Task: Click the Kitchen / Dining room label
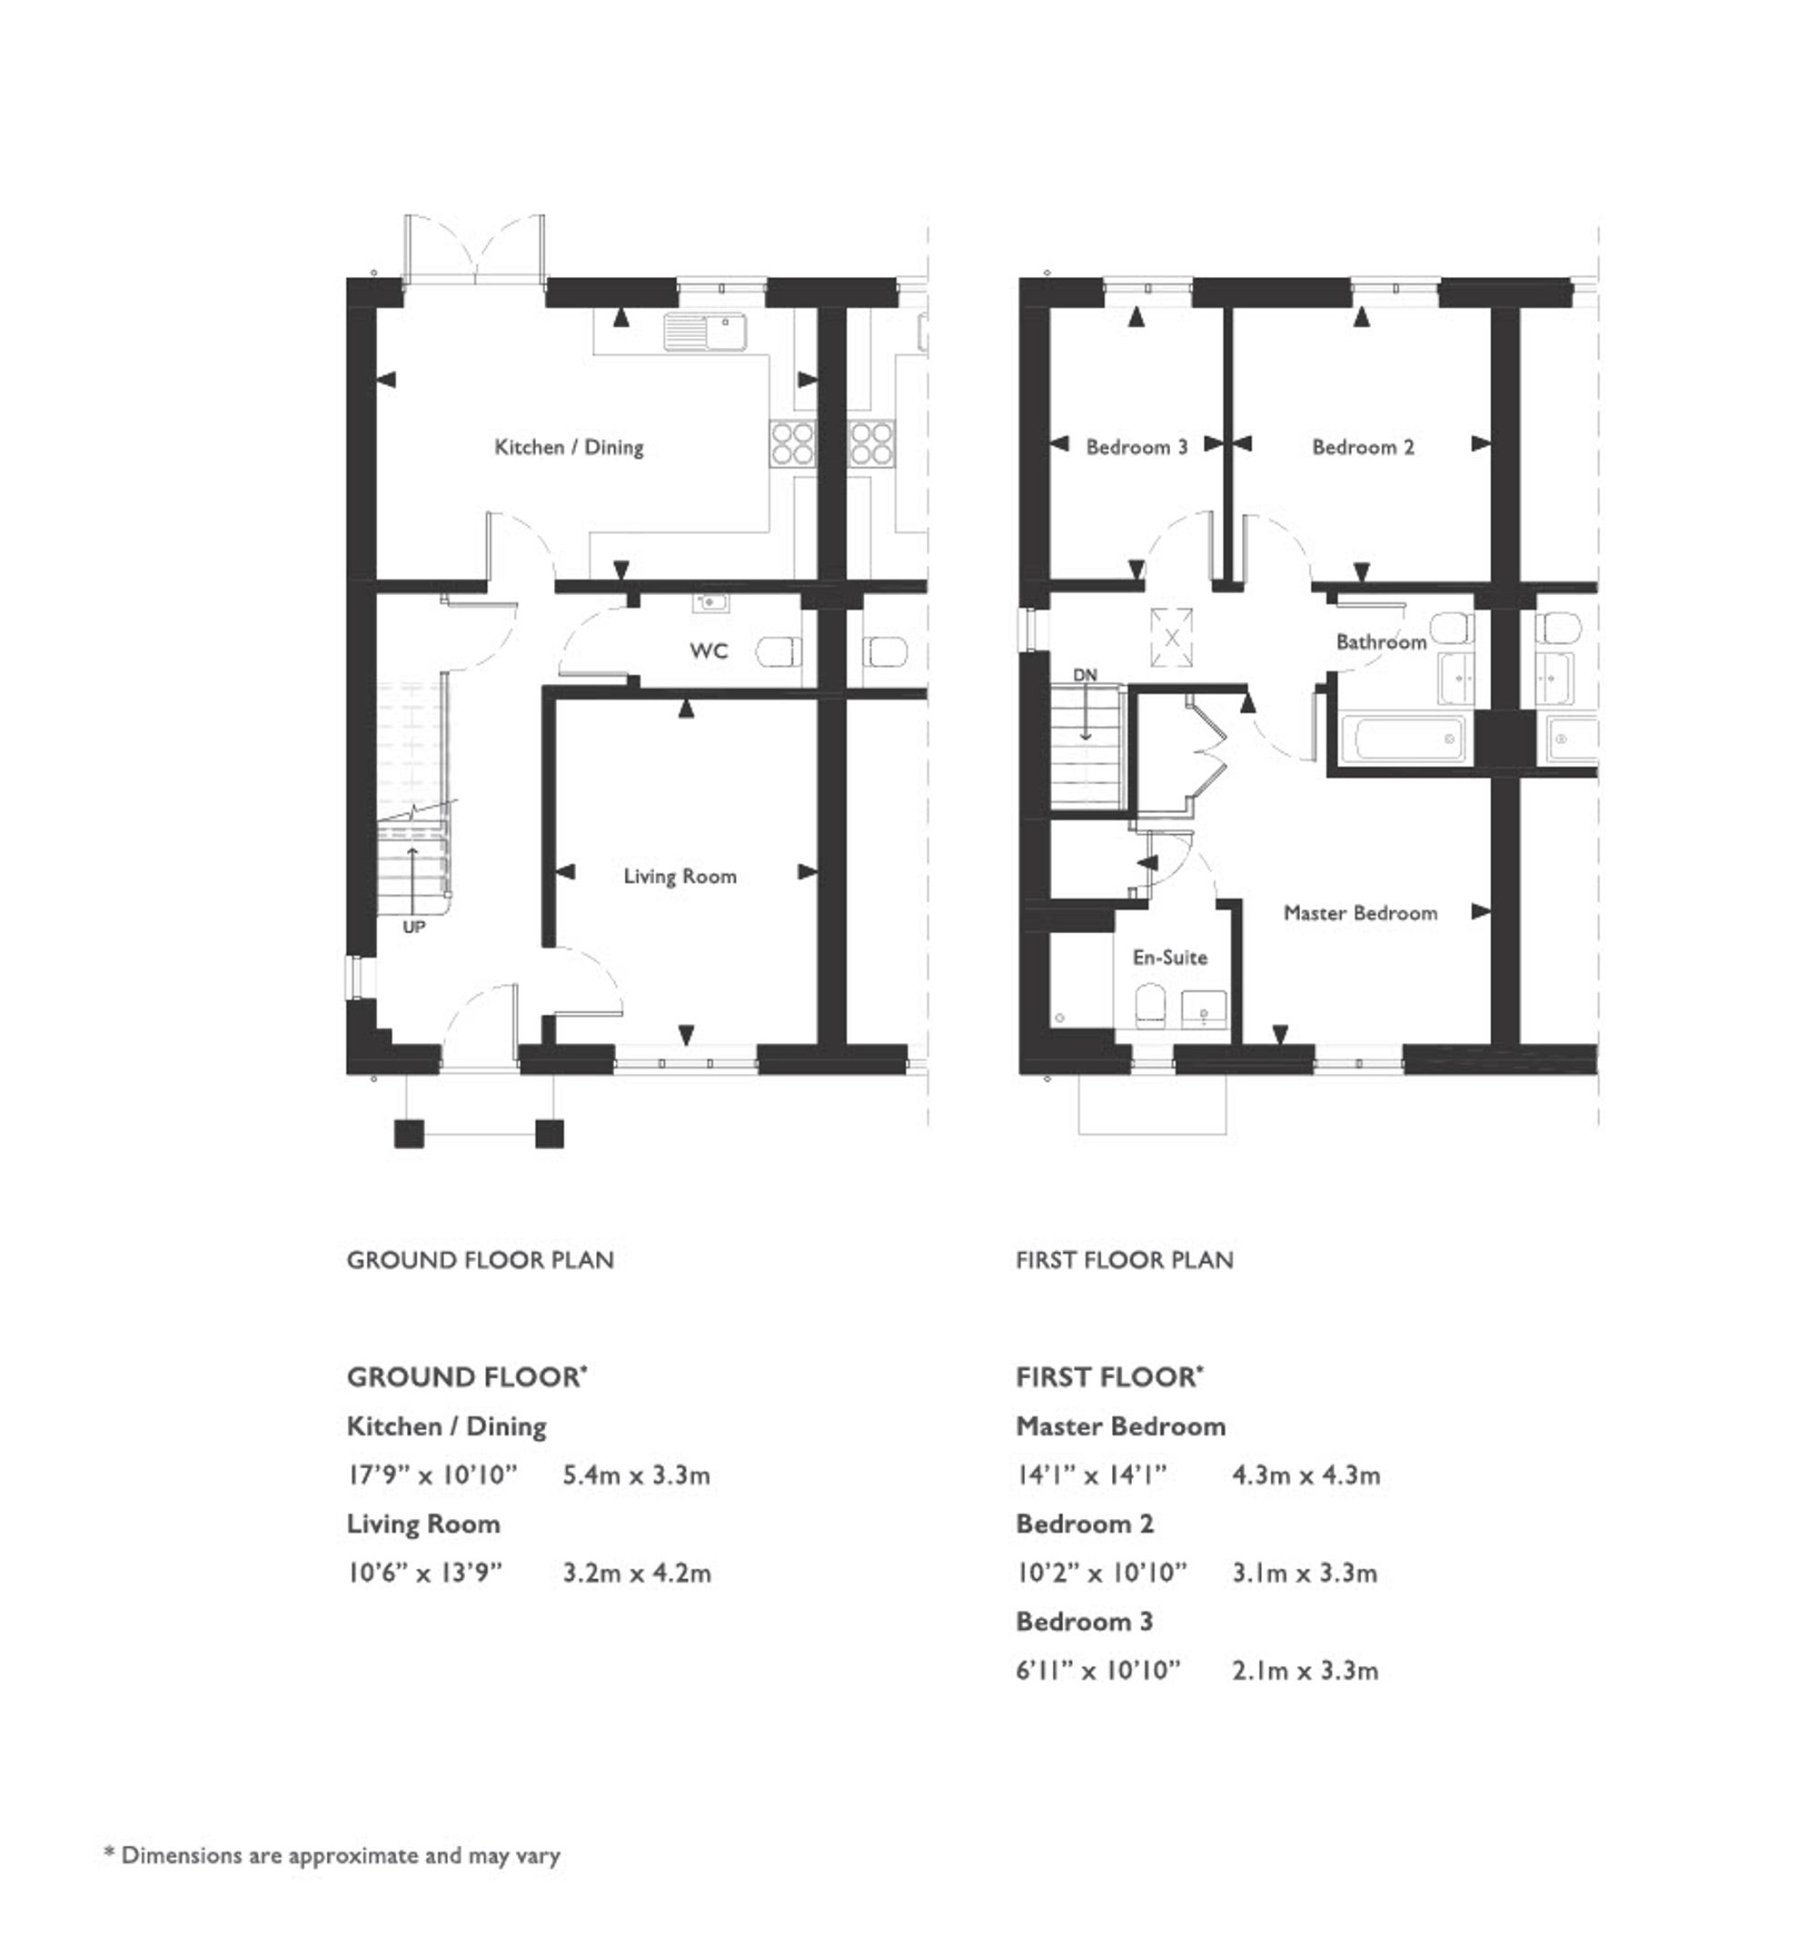569,447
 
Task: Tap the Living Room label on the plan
680,876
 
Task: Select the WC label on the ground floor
708,651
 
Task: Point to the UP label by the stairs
414,928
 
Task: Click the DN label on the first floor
1085,676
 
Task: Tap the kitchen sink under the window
705,332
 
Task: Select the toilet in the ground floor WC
780,651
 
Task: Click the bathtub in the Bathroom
1404,739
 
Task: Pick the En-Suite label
1169,958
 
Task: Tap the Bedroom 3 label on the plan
1136,447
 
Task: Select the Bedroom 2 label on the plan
1363,447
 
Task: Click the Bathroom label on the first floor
1380,642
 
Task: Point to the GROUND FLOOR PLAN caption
480,1261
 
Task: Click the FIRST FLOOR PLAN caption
1124,1261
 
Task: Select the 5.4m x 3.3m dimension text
636,1475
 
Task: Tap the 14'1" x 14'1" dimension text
1091,1475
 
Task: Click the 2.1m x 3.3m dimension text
1305,1671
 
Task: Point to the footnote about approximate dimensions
333,1856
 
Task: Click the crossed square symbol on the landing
1171,636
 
